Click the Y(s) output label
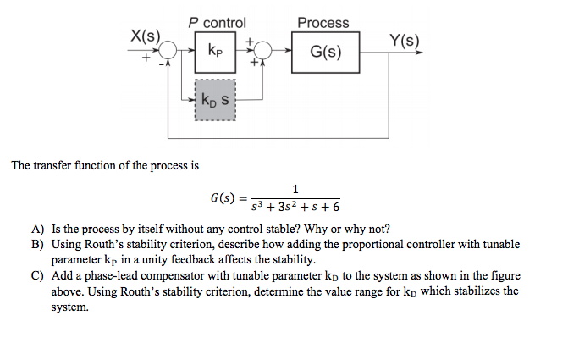tap(404, 40)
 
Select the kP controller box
tap(216, 51)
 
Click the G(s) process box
tap(326, 52)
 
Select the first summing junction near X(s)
tap(169, 51)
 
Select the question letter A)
tap(38, 229)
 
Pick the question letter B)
tap(38, 245)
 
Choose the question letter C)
tap(38, 277)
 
